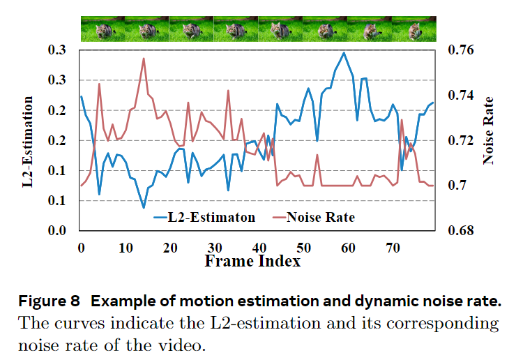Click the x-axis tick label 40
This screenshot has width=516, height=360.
pyautogui.click(x=259, y=248)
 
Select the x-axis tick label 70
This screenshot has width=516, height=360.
pyautogui.click(x=393, y=248)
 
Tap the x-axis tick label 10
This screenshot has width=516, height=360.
pyautogui.click(x=126, y=248)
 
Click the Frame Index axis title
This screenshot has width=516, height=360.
pyautogui.click(x=252, y=261)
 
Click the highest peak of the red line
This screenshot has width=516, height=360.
pyautogui.click(x=144, y=59)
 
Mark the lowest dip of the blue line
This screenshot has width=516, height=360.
pyautogui.click(x=144, y=207)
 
